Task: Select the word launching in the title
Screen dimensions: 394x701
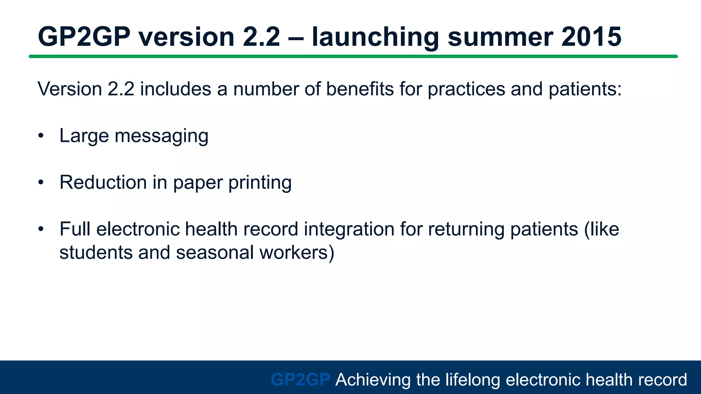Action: pyautogui.click(x=375, y=37)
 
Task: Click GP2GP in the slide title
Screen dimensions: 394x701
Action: pyautogui.click(x=84, y=37)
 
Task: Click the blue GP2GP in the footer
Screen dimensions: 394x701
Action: pyautogui.click(x=301, y=380)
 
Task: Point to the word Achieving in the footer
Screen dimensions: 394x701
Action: pyautogui.click(x=373, y=380)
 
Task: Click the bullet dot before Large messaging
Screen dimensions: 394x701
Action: pyautogui.click(x=41, y=136)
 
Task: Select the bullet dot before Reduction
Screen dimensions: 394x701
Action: pyautogui.click(x=41, y=183)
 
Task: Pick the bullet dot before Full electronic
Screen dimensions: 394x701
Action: pyautogui.click(x=41, y=229)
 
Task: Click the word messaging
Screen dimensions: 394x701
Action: pyautogui.click(x=161, y=136)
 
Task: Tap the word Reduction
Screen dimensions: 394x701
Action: pyautogui.click(x=103, y=182)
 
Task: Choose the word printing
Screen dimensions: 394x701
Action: pyautogui.click(x=260, y=182)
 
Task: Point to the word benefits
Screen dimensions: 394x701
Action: pyautogui.click(x=359, y=89)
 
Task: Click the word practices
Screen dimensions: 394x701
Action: pyautogui.click(x=466, y=89)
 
